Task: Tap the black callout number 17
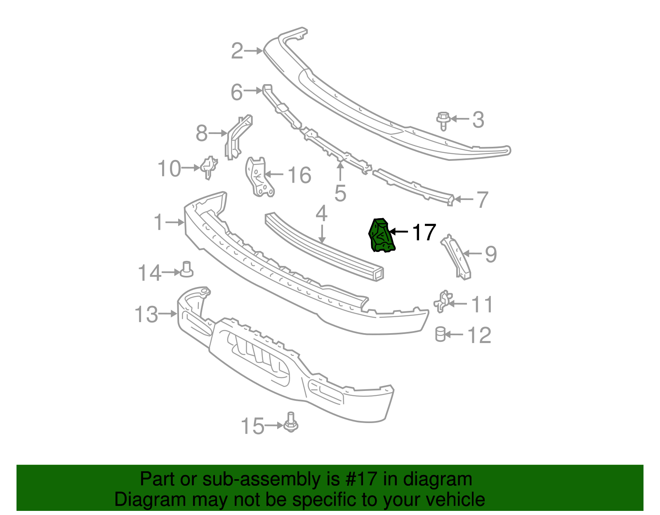[x=424, y=233]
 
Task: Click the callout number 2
[x=237, y=51]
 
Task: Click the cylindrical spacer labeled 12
[x=441, y=334]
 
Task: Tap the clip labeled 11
[x=442, y=302]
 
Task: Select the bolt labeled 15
[x=291, y=423]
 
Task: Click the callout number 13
[x=146, y=315]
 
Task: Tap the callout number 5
[x=340, y=193]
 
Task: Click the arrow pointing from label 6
[x=253, y=90]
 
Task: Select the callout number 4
[x=321, y=214]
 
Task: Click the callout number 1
[x=159, y=222]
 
